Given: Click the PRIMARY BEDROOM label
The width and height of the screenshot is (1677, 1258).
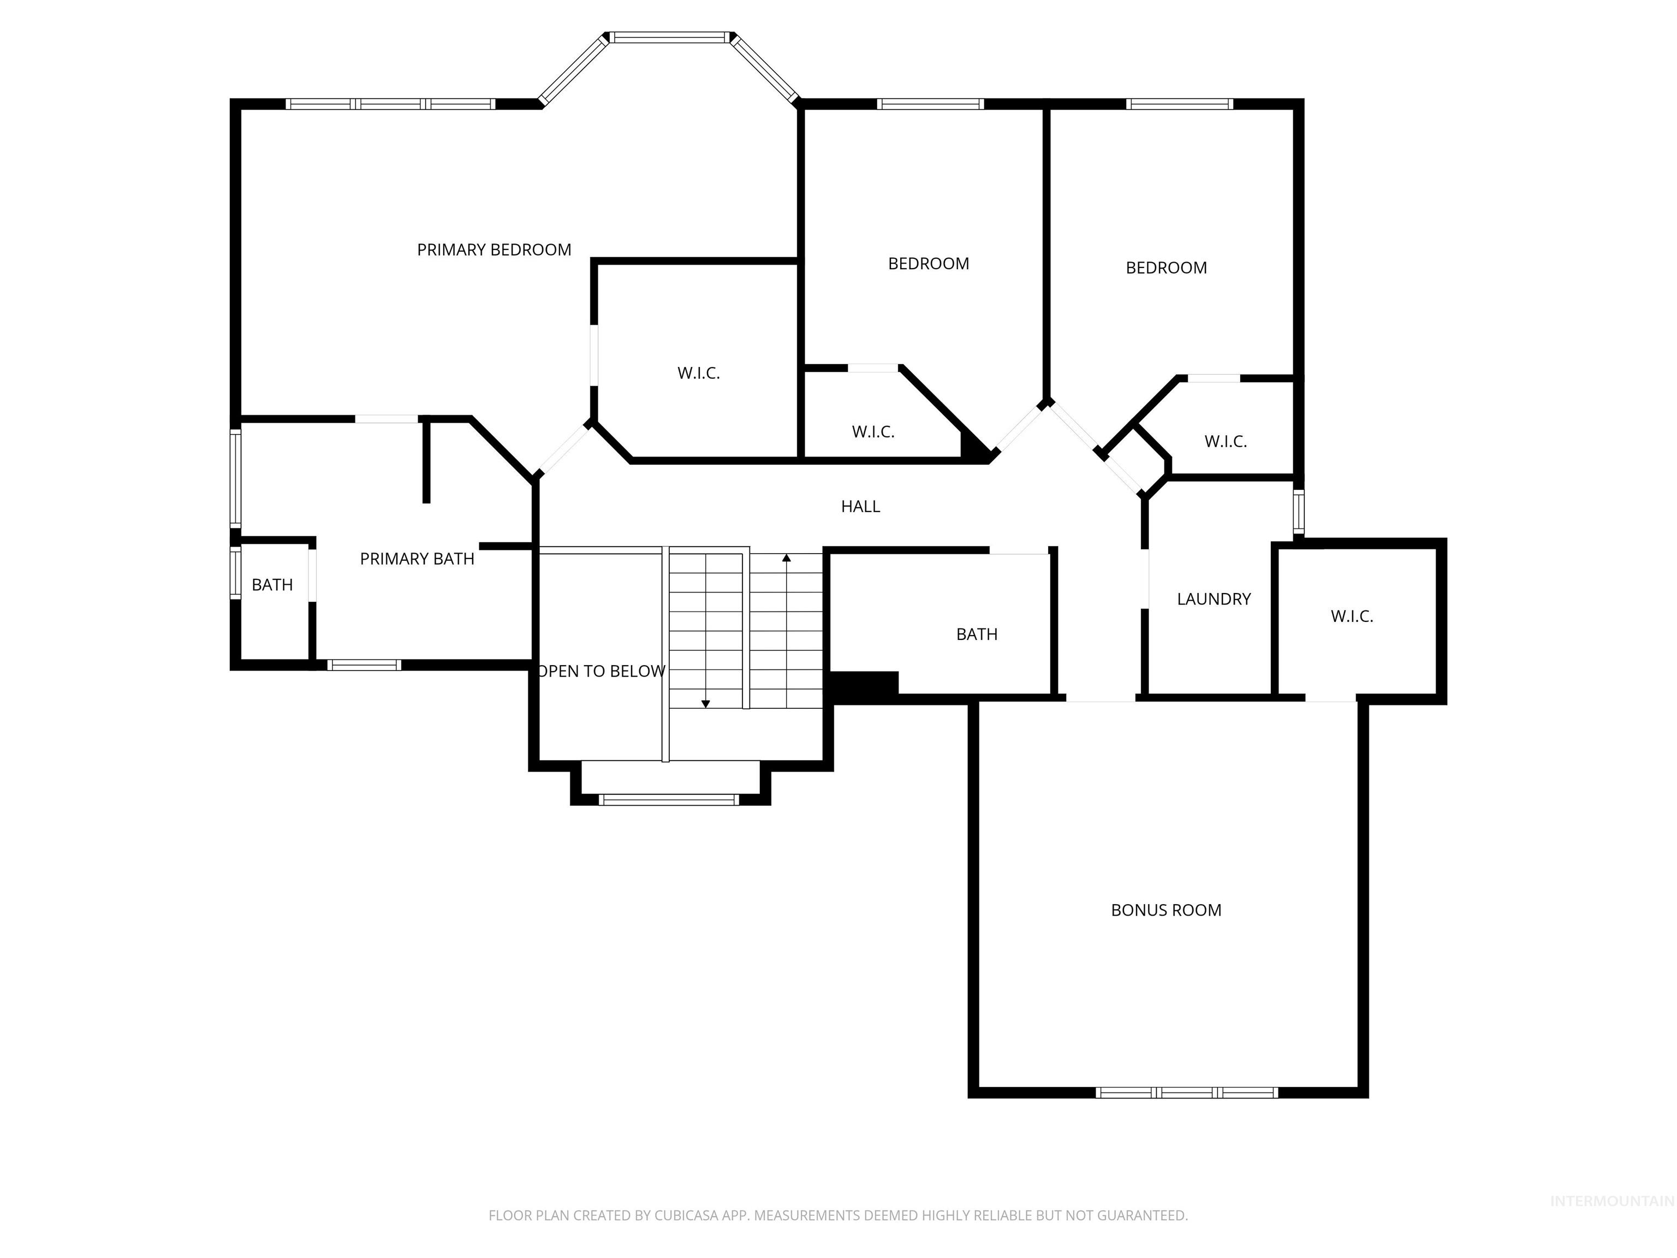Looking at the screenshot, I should (x=493, y=250).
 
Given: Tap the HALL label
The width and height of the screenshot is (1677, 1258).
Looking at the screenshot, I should (x=860, y=507).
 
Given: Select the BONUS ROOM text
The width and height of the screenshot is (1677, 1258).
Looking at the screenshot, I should (x=1165, y=910).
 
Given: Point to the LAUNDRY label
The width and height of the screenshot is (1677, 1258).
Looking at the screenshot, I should (x=1213, y=599).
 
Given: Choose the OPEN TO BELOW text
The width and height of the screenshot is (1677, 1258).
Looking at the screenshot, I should (x=601, y=671).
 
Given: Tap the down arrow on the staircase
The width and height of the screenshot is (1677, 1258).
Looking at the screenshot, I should (x=705, y=704).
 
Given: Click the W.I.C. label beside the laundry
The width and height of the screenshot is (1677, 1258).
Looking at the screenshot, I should (x=1351, y=616).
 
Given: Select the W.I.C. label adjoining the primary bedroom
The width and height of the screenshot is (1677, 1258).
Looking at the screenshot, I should (x=698, y=373).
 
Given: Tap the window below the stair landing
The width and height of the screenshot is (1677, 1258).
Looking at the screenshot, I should (x=668, y=799).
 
